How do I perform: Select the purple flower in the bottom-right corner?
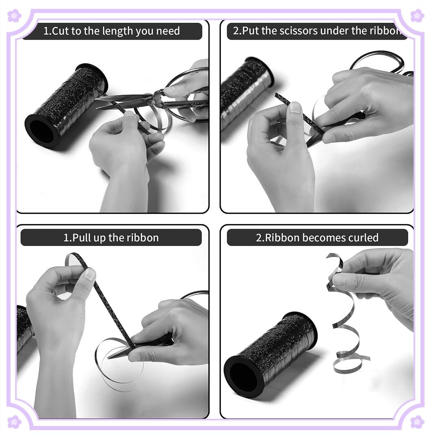click(x=417, y=422)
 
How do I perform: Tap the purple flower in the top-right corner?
click(x=417, y=15)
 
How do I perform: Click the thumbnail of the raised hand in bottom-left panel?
click(x=90, y=275)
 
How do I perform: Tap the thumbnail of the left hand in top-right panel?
click(x=295, y=108)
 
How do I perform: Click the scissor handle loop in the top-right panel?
click(x=377, y=60)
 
